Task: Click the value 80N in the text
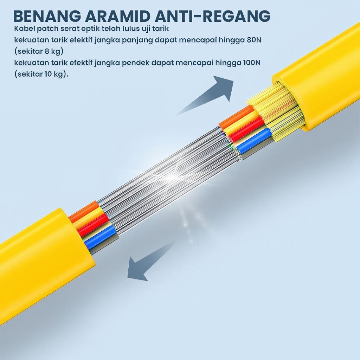(x=254, y=40)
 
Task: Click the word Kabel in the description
(x=23, y=28)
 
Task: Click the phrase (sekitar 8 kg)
(x=39, y=51)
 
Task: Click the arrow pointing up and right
(x=211, y=93)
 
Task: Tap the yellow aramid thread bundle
(x=278, y=109)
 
